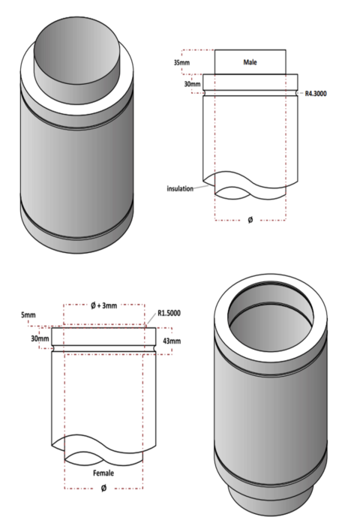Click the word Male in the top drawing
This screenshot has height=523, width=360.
tap(250, 62)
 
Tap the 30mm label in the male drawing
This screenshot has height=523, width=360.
tap(192, 85)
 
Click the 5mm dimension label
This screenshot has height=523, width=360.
tap(28, 315)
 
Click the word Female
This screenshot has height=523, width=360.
tap(103, 474)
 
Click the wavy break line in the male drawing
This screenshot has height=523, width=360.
tap(249, 188)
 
